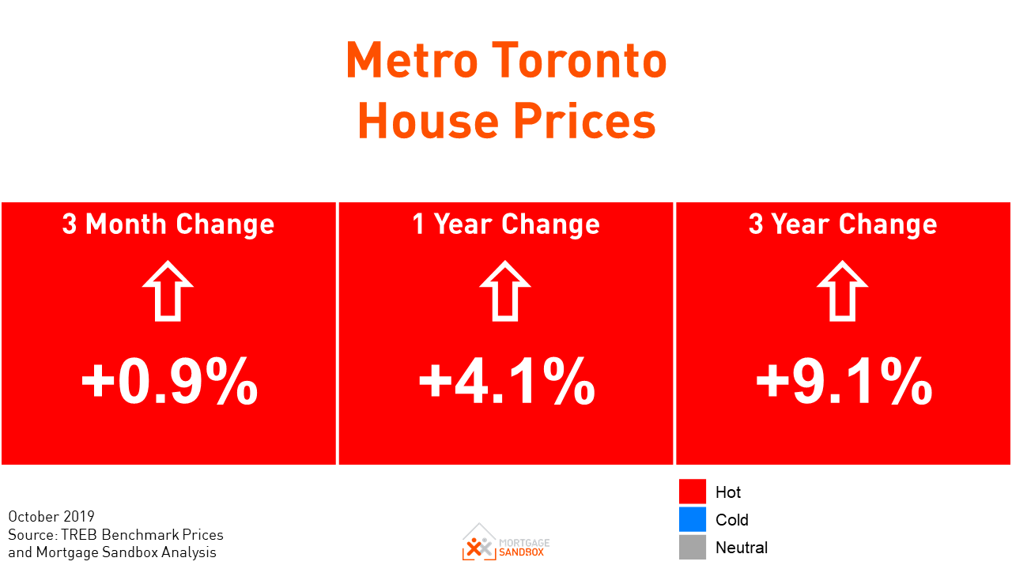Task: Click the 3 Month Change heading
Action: [x=168, y=224]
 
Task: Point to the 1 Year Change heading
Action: [x=506, y=224]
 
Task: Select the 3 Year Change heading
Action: [x=843, y=224]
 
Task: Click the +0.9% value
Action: [x=169, y=382]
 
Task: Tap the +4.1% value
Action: [x=507, y=382]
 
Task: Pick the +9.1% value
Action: [x=844, y=382]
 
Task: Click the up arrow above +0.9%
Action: [x=168, y=291]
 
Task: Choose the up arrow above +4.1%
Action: [x=505, y=291]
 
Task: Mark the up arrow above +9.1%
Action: [x=842, y=291]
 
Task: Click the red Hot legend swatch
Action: [x=692, y=492]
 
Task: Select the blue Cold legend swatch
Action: [x=692, y=519]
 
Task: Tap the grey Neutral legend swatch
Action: [x=692, y=547]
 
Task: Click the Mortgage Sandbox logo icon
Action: [x=478, y=541]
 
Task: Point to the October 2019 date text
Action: [x=51, y=517]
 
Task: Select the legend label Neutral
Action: [x=742, y=548]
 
